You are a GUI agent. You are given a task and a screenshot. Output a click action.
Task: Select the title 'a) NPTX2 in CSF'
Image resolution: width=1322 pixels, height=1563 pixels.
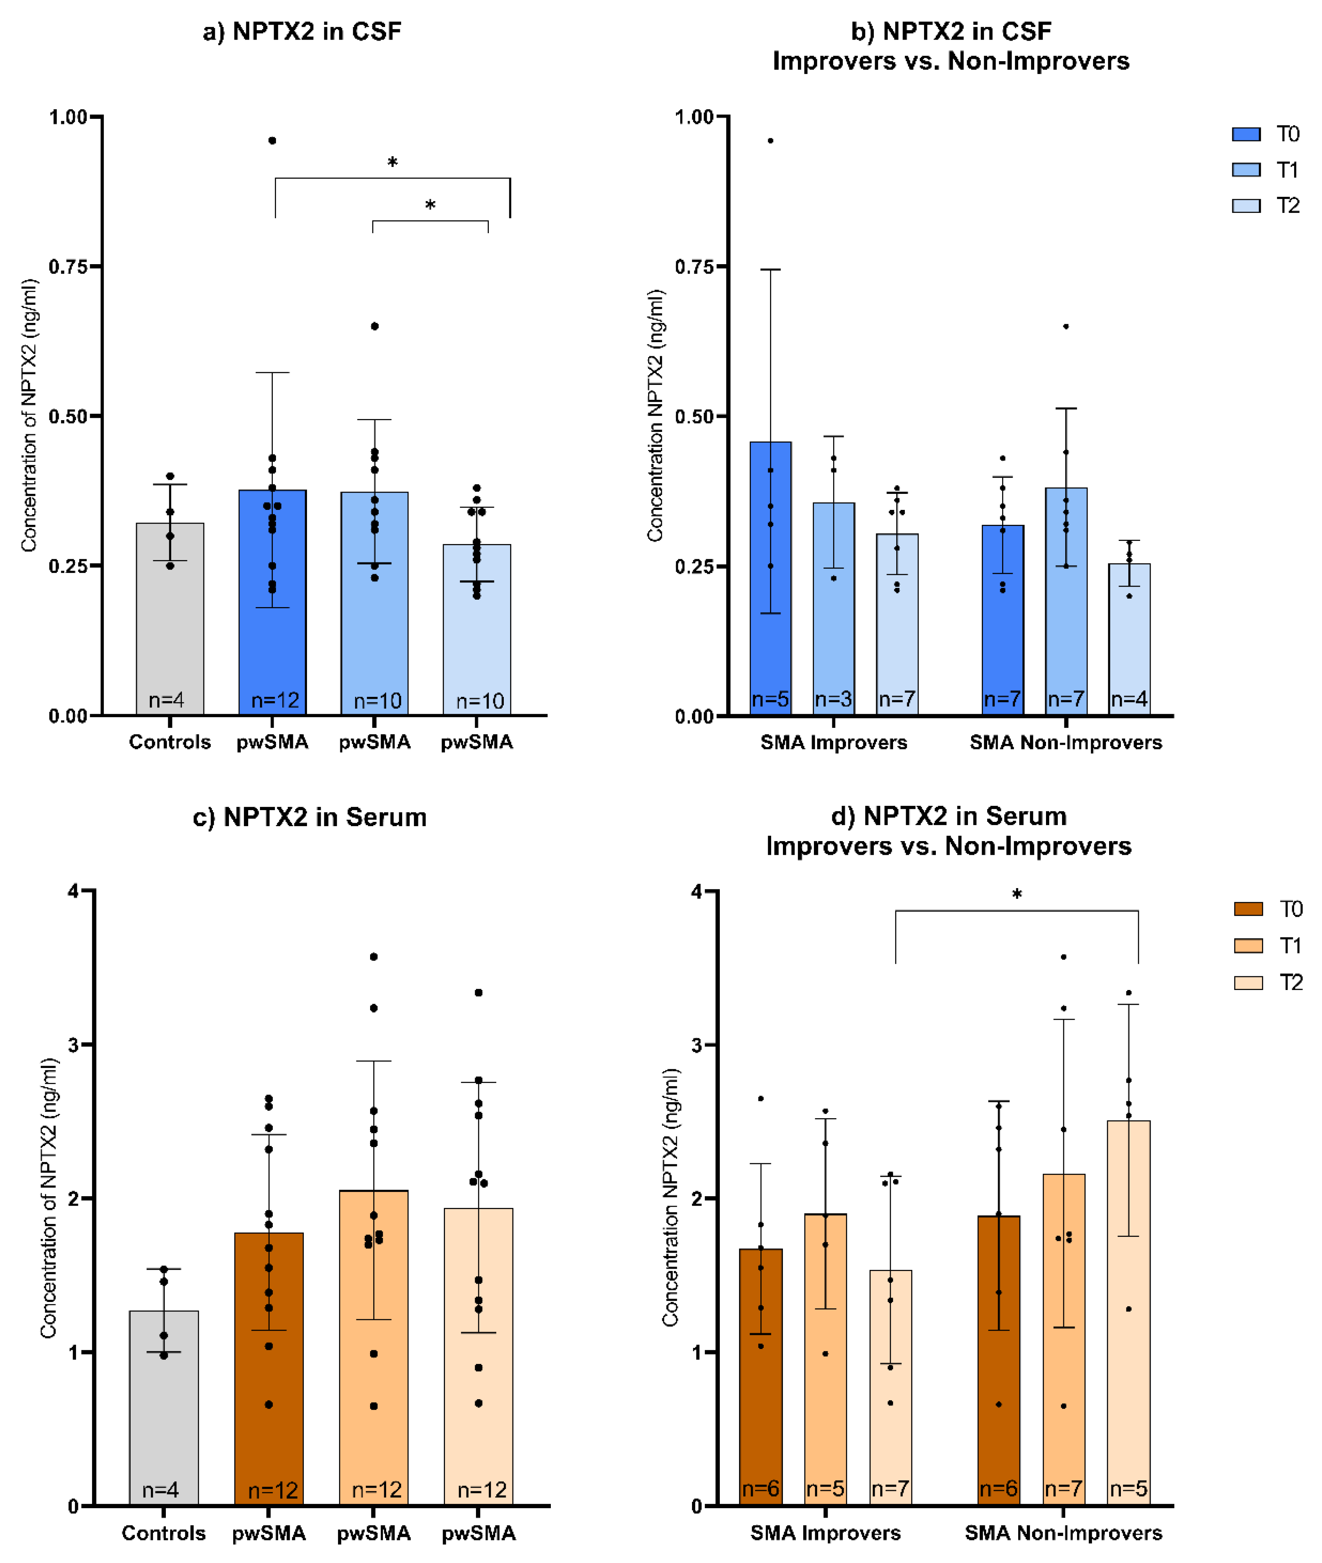tap(302, 31)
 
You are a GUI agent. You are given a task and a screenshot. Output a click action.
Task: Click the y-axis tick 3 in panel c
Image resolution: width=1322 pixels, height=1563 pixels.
tap(73, 1044)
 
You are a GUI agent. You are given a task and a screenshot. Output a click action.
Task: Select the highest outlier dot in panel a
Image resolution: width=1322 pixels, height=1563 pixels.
tap(272, 140)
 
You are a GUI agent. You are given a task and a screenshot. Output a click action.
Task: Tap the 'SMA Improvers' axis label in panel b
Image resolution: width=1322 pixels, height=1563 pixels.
tap(834, 743)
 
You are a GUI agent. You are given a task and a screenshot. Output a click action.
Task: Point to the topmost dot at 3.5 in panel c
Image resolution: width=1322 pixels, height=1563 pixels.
tap(374, 957)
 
